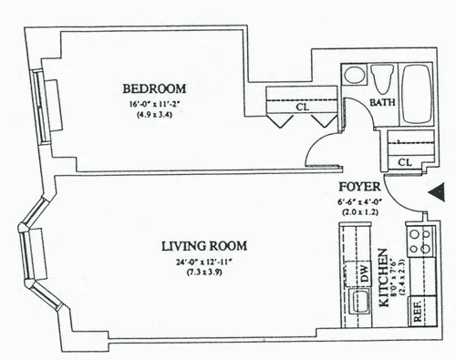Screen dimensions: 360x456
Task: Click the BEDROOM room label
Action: (x=154, y=88)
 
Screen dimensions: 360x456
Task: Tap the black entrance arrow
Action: (x=437, y=192)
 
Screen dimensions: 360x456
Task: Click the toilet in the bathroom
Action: (x=383, y=77)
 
